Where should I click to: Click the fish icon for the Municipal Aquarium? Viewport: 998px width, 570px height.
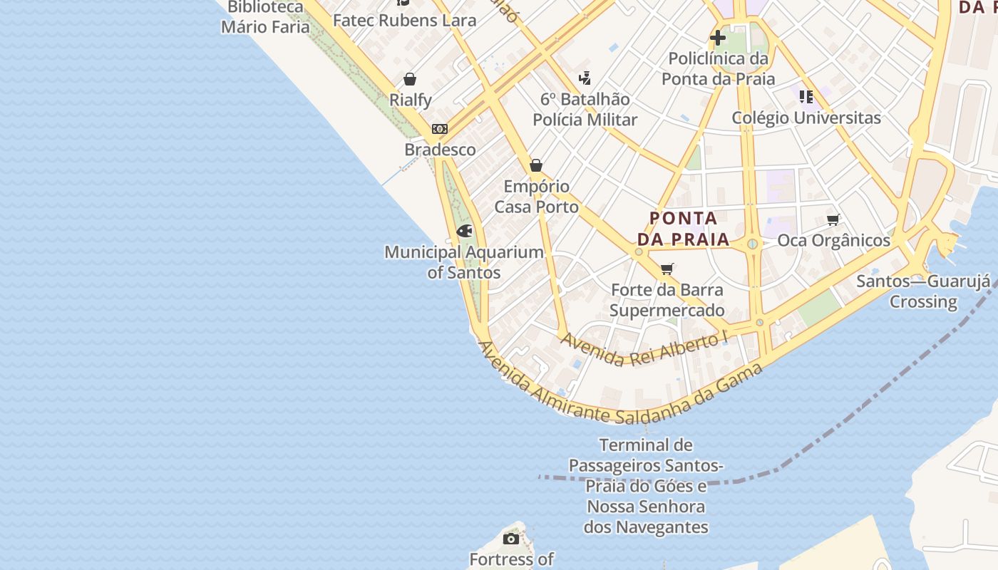[x=465, y=231]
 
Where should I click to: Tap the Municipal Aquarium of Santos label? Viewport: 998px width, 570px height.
[x=464, y=262]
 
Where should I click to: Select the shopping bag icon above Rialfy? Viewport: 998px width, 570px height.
[x=410, y=79]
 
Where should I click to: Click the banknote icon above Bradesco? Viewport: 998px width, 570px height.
[x=440, y=129]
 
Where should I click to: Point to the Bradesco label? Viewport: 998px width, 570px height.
[x=440, y=150]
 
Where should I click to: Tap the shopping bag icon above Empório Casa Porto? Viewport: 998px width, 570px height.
[x=536, y=166]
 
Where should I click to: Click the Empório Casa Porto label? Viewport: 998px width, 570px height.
[x=536, y=197]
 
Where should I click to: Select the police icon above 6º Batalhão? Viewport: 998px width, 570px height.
[x=585, y=78]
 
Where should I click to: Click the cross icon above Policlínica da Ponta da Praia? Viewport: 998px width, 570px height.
[x=718, y=37]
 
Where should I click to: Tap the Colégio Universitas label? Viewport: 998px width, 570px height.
[x=806, y=118]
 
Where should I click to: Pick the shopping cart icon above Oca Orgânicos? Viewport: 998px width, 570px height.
[x=833, y=219]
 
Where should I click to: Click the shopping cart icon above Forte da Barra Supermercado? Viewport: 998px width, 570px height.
[x=667, y=269]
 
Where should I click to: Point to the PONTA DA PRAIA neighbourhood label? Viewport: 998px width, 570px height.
[x=684, y=229]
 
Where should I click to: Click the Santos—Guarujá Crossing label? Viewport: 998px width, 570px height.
[x=923, y=291]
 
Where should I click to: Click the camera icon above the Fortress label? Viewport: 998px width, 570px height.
[x=511, y=539]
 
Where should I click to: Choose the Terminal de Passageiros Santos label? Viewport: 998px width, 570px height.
[x=646, y=486]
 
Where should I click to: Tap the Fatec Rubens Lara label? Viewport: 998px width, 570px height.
[x=404, y=21]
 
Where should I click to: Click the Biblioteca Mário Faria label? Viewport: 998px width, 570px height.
[x=265, y=17]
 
